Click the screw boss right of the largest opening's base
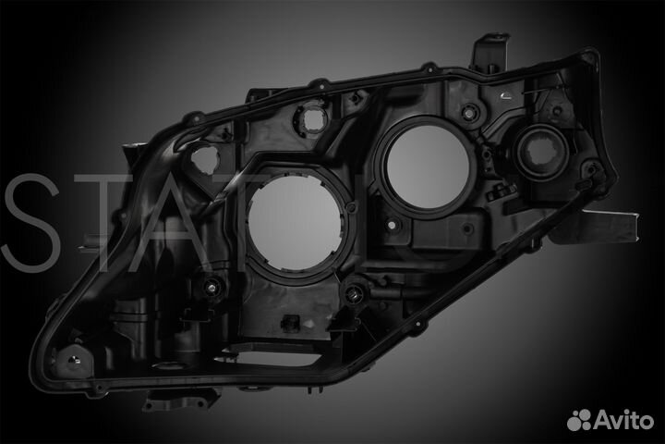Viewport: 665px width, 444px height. [353, 294]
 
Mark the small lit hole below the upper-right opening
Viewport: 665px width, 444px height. [394, 225]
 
